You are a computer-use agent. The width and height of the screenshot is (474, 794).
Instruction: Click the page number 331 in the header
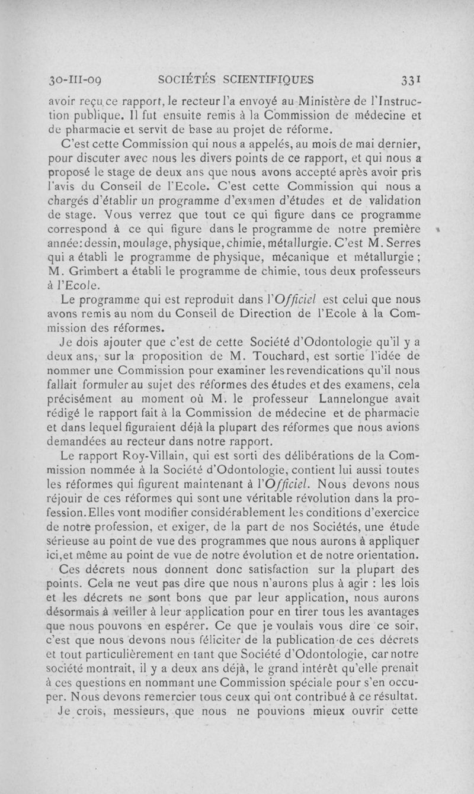pyautogui.click(x=409, y=79)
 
